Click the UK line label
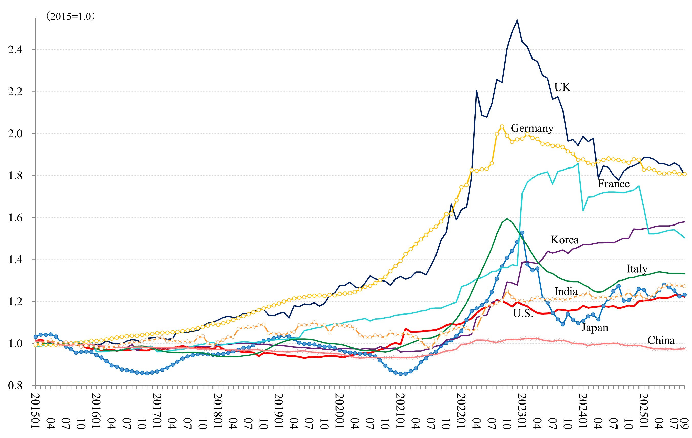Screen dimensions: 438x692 coord(562,87)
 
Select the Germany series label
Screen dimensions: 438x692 coord(532,128)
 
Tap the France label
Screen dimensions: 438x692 coord(614,184)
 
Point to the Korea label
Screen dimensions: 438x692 coord(565,240)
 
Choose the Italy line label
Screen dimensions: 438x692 coord(637,269)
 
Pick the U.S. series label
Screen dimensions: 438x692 coord(523,313)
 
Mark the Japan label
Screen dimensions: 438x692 coord(595,328)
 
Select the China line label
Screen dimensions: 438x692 coord(661,340)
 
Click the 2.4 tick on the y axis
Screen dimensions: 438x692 coord(15,50)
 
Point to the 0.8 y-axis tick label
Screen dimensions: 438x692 coord(15,386)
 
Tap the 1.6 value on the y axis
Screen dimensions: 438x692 coord(15,218)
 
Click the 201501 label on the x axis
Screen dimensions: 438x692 coord(36,411)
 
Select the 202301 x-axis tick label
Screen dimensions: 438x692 coord(522,411)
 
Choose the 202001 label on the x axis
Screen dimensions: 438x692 coord(340,411)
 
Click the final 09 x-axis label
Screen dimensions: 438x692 coord(685,424)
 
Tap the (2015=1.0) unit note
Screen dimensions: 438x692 coord(71,16)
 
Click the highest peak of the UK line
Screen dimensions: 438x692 coord(517,20)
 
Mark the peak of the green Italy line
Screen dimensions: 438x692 coord(507,218)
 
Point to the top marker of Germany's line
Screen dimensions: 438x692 coord(502,126)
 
